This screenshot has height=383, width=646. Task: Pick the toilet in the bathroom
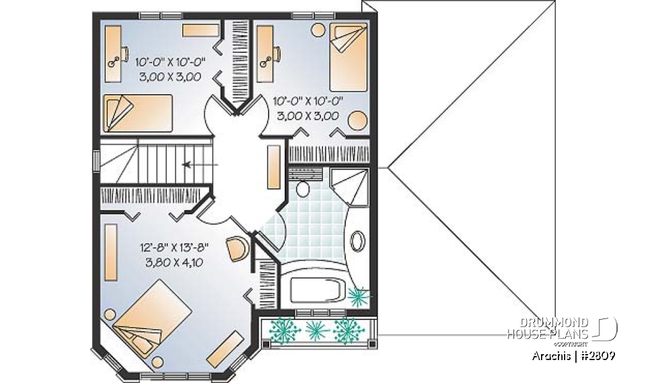(302, 186)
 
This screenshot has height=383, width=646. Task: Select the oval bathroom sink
(357, 241)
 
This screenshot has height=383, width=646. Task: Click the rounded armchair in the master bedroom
(238, 248)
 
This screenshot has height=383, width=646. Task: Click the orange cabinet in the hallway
(275, 166)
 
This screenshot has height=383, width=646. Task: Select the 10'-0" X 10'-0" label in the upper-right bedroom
(308, 102)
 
